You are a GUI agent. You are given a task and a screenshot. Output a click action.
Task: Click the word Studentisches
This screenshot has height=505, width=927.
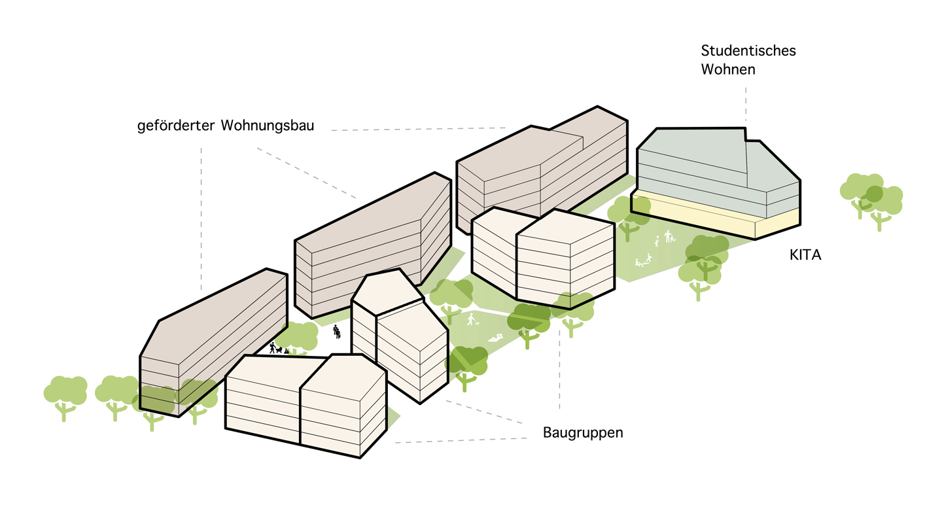[748, 50]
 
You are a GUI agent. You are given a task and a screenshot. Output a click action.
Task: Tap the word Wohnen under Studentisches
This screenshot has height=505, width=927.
[728, 69]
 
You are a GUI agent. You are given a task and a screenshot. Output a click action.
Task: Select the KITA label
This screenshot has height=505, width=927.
[805, 254]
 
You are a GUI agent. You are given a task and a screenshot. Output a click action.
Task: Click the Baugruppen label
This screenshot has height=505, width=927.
[583, 432]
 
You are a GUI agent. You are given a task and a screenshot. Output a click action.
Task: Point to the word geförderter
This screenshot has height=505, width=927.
[176, 126]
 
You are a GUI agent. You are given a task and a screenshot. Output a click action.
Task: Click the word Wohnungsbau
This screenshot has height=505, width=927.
[268, 126]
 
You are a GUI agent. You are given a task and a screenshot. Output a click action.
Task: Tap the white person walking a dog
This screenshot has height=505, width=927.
[471, 319]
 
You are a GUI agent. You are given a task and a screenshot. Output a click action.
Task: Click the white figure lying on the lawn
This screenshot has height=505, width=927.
[496, 339]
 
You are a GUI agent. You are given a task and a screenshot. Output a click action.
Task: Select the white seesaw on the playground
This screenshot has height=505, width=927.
[643, 261]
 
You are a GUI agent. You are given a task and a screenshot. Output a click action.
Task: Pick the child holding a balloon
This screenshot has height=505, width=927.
[657, 241]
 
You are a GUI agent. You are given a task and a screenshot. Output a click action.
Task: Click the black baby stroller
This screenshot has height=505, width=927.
[279, 350]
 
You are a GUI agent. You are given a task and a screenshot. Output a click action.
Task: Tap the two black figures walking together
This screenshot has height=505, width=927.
[337, 332]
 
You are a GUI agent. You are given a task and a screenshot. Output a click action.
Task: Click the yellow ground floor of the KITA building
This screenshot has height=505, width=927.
[715, 216]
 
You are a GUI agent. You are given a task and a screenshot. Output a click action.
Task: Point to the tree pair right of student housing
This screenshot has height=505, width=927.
[871, 200]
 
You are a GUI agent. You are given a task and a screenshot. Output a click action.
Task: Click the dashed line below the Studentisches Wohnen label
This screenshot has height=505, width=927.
[746, 104]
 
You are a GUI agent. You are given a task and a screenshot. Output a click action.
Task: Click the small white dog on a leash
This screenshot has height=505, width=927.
[478, 323]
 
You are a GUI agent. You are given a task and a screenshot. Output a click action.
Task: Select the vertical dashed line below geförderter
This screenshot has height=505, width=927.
[201, 218]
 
